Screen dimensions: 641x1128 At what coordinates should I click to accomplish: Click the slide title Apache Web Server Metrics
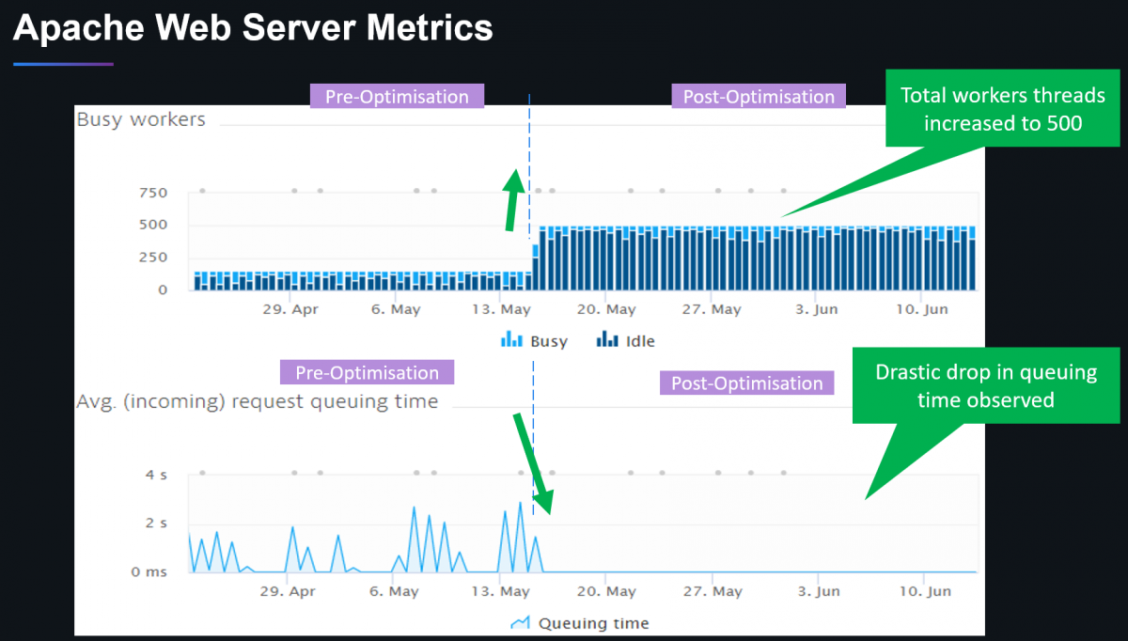click(254, 28)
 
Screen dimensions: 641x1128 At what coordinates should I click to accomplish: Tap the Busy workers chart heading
click(141, 119)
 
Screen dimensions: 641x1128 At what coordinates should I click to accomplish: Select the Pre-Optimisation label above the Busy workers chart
click(397, 96)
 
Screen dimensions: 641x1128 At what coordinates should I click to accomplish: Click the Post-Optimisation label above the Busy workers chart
click(759, 97)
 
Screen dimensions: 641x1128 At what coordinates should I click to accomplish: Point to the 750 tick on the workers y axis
click(152, 193)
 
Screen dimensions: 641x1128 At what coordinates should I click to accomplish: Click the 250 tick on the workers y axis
click(152, 257)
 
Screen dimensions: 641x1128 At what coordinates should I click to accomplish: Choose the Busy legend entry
click(536, 341)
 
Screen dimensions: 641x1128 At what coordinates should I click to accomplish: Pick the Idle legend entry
click(627, 341)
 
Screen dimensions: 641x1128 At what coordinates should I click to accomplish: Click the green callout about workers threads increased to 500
click(1002, 109)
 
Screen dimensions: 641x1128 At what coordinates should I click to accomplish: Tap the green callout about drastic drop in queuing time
click(986, 385)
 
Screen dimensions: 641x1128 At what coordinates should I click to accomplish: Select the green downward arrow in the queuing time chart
click(530, 461)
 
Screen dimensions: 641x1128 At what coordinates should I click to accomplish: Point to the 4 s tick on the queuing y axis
click(156, 475)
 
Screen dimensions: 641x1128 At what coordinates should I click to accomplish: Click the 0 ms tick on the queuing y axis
click(149, 571)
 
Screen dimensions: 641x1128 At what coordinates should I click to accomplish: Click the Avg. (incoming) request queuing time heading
click(257, 401)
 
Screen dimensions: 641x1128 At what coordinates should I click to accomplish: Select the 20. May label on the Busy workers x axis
click(606, 309)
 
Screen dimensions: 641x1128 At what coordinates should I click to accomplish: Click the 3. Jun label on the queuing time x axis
click(817, 591)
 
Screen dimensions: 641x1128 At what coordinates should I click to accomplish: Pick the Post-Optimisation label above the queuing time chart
click(747, 383)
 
